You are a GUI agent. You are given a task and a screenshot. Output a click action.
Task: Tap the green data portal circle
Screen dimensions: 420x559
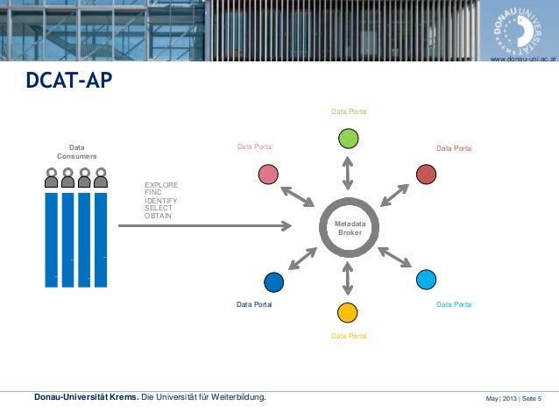pos(348,139)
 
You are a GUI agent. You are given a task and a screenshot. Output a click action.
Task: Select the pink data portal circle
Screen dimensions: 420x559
pos(268,174)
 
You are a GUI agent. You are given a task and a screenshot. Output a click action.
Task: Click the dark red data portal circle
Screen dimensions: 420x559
pos(426,174)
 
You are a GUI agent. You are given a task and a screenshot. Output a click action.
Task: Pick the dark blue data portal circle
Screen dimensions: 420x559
pos(273,281)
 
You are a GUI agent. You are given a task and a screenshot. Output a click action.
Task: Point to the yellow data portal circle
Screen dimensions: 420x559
pos(348,311)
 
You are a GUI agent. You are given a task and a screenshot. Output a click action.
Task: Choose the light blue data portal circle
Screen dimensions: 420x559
pos(426,280)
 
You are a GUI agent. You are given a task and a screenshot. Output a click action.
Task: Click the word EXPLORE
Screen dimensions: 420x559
pos(161,186)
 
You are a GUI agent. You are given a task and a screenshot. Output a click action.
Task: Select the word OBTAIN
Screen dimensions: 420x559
pos(159,216)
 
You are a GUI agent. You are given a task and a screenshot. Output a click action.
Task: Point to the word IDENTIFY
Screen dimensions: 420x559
pos(161,201)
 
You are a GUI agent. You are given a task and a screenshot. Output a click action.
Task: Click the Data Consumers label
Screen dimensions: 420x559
pos(77,152)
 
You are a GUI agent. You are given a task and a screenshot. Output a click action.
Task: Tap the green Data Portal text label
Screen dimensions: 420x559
pos(349,112)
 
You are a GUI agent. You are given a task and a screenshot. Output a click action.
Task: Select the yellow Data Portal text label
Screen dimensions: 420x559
pos(349,336)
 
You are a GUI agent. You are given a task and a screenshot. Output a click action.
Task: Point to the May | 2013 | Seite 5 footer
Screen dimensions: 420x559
pos(513,400)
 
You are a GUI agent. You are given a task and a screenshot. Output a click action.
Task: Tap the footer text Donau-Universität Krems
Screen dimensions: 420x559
pos(86,400)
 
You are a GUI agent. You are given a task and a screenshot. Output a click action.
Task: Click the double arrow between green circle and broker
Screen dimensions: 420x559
pos(348,173)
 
